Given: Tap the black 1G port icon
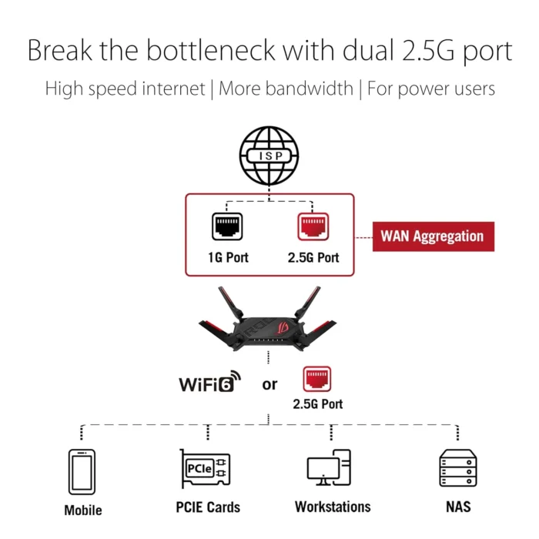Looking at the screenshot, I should (x=227, y=227).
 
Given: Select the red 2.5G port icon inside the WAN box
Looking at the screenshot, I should (x=313, y=227).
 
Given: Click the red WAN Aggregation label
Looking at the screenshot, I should (x=432, y=236).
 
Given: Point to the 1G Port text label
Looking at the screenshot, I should (x=227, y=257).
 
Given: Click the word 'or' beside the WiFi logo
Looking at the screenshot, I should (x=269, y=383).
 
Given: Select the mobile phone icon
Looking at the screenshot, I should (x=82, y=471).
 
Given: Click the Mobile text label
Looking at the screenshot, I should (x=83, y=510).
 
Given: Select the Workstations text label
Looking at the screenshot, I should (x=333, y=507).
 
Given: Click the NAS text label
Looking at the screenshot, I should (x=454, y=507).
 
